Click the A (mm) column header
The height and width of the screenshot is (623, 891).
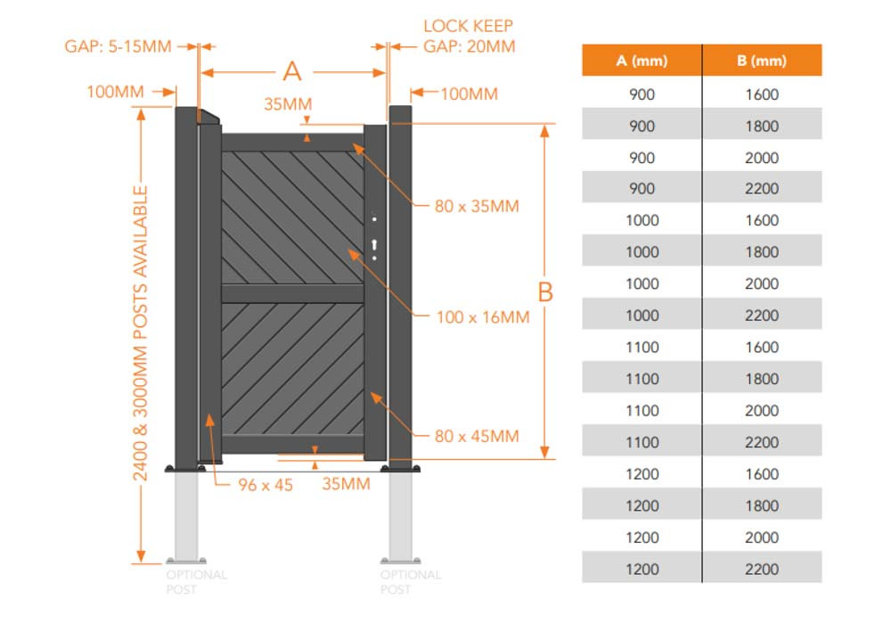642,61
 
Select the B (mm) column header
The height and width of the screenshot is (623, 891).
762,61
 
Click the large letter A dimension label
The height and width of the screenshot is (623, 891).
292,71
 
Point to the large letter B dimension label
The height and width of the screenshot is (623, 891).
545,291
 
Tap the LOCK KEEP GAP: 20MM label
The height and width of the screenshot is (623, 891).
469,37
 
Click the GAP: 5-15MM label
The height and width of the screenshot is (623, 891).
119,46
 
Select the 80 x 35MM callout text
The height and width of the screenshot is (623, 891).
477,207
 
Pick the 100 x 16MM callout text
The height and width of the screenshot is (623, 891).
483,316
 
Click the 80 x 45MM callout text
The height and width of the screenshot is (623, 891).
477,437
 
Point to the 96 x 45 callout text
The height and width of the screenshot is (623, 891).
266,485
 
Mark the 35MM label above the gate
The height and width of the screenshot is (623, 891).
288,103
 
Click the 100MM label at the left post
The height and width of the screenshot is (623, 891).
116,92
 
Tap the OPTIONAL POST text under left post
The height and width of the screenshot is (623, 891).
196,582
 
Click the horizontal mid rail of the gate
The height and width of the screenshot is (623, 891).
292,293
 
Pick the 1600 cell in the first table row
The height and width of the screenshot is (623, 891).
762,94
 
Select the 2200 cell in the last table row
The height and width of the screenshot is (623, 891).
762,569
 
